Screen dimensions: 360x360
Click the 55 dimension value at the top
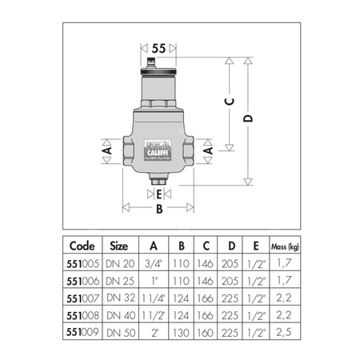(158, 49)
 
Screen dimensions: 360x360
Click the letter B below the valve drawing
(158, 210)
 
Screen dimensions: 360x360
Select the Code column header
(84, 246)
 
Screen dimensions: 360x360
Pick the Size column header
(118, 246)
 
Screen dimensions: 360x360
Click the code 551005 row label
(84, 262)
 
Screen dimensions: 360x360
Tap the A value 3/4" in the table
(153, 262)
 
